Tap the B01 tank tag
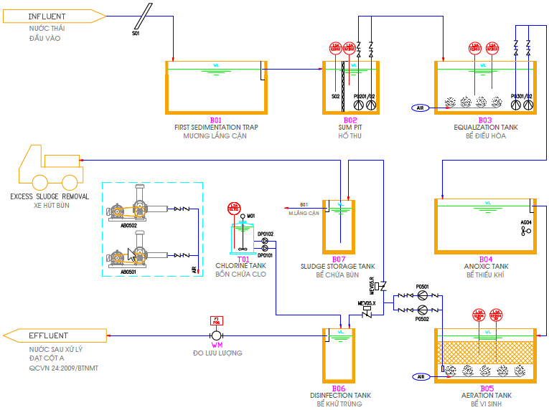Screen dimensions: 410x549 (216, 120)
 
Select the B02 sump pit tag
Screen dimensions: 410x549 (350, 120)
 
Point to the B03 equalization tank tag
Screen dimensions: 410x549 (485, 120)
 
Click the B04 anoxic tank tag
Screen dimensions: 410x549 (486, 259)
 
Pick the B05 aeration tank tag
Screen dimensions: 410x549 (487, 388)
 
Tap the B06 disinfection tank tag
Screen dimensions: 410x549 (339, 388)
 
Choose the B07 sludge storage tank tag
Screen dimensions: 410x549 (339, 259)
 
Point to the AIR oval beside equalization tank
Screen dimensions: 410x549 (421, 108)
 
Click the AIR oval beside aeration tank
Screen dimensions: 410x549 (421, 376)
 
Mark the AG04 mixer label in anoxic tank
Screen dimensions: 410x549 (526, 222)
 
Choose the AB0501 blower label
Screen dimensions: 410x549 (128, 272)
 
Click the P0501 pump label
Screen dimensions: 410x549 (422, 287)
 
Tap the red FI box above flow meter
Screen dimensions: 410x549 (217, 320)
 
